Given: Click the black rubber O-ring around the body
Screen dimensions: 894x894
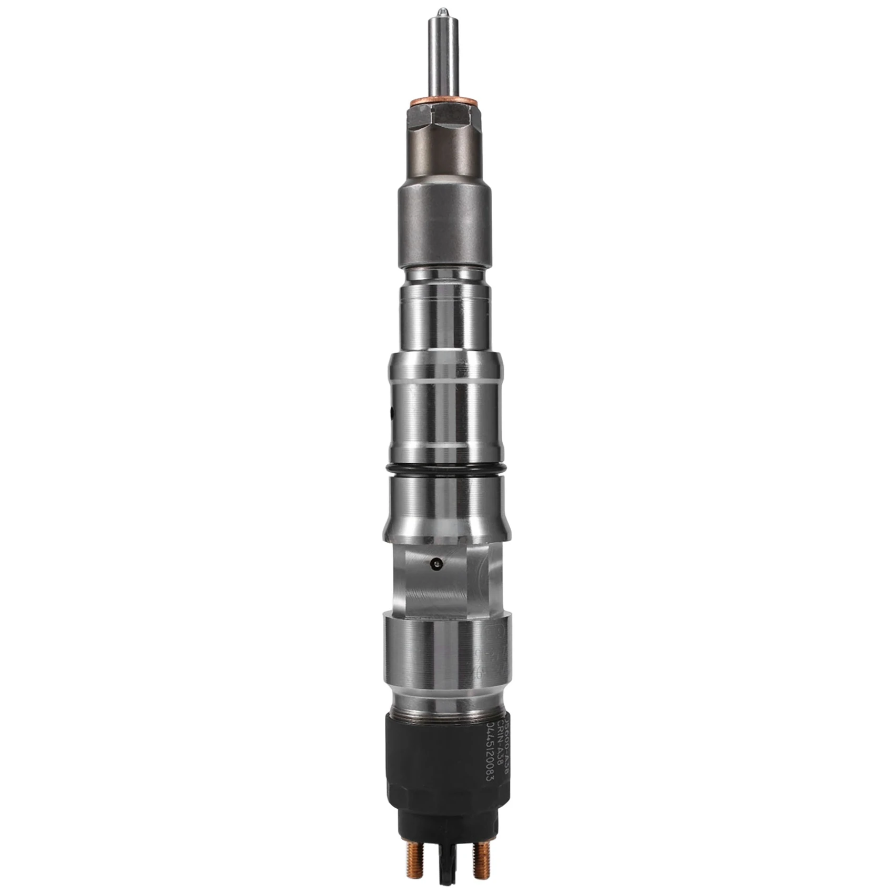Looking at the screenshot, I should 445,468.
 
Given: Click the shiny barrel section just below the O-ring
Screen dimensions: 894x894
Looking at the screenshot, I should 445,505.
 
